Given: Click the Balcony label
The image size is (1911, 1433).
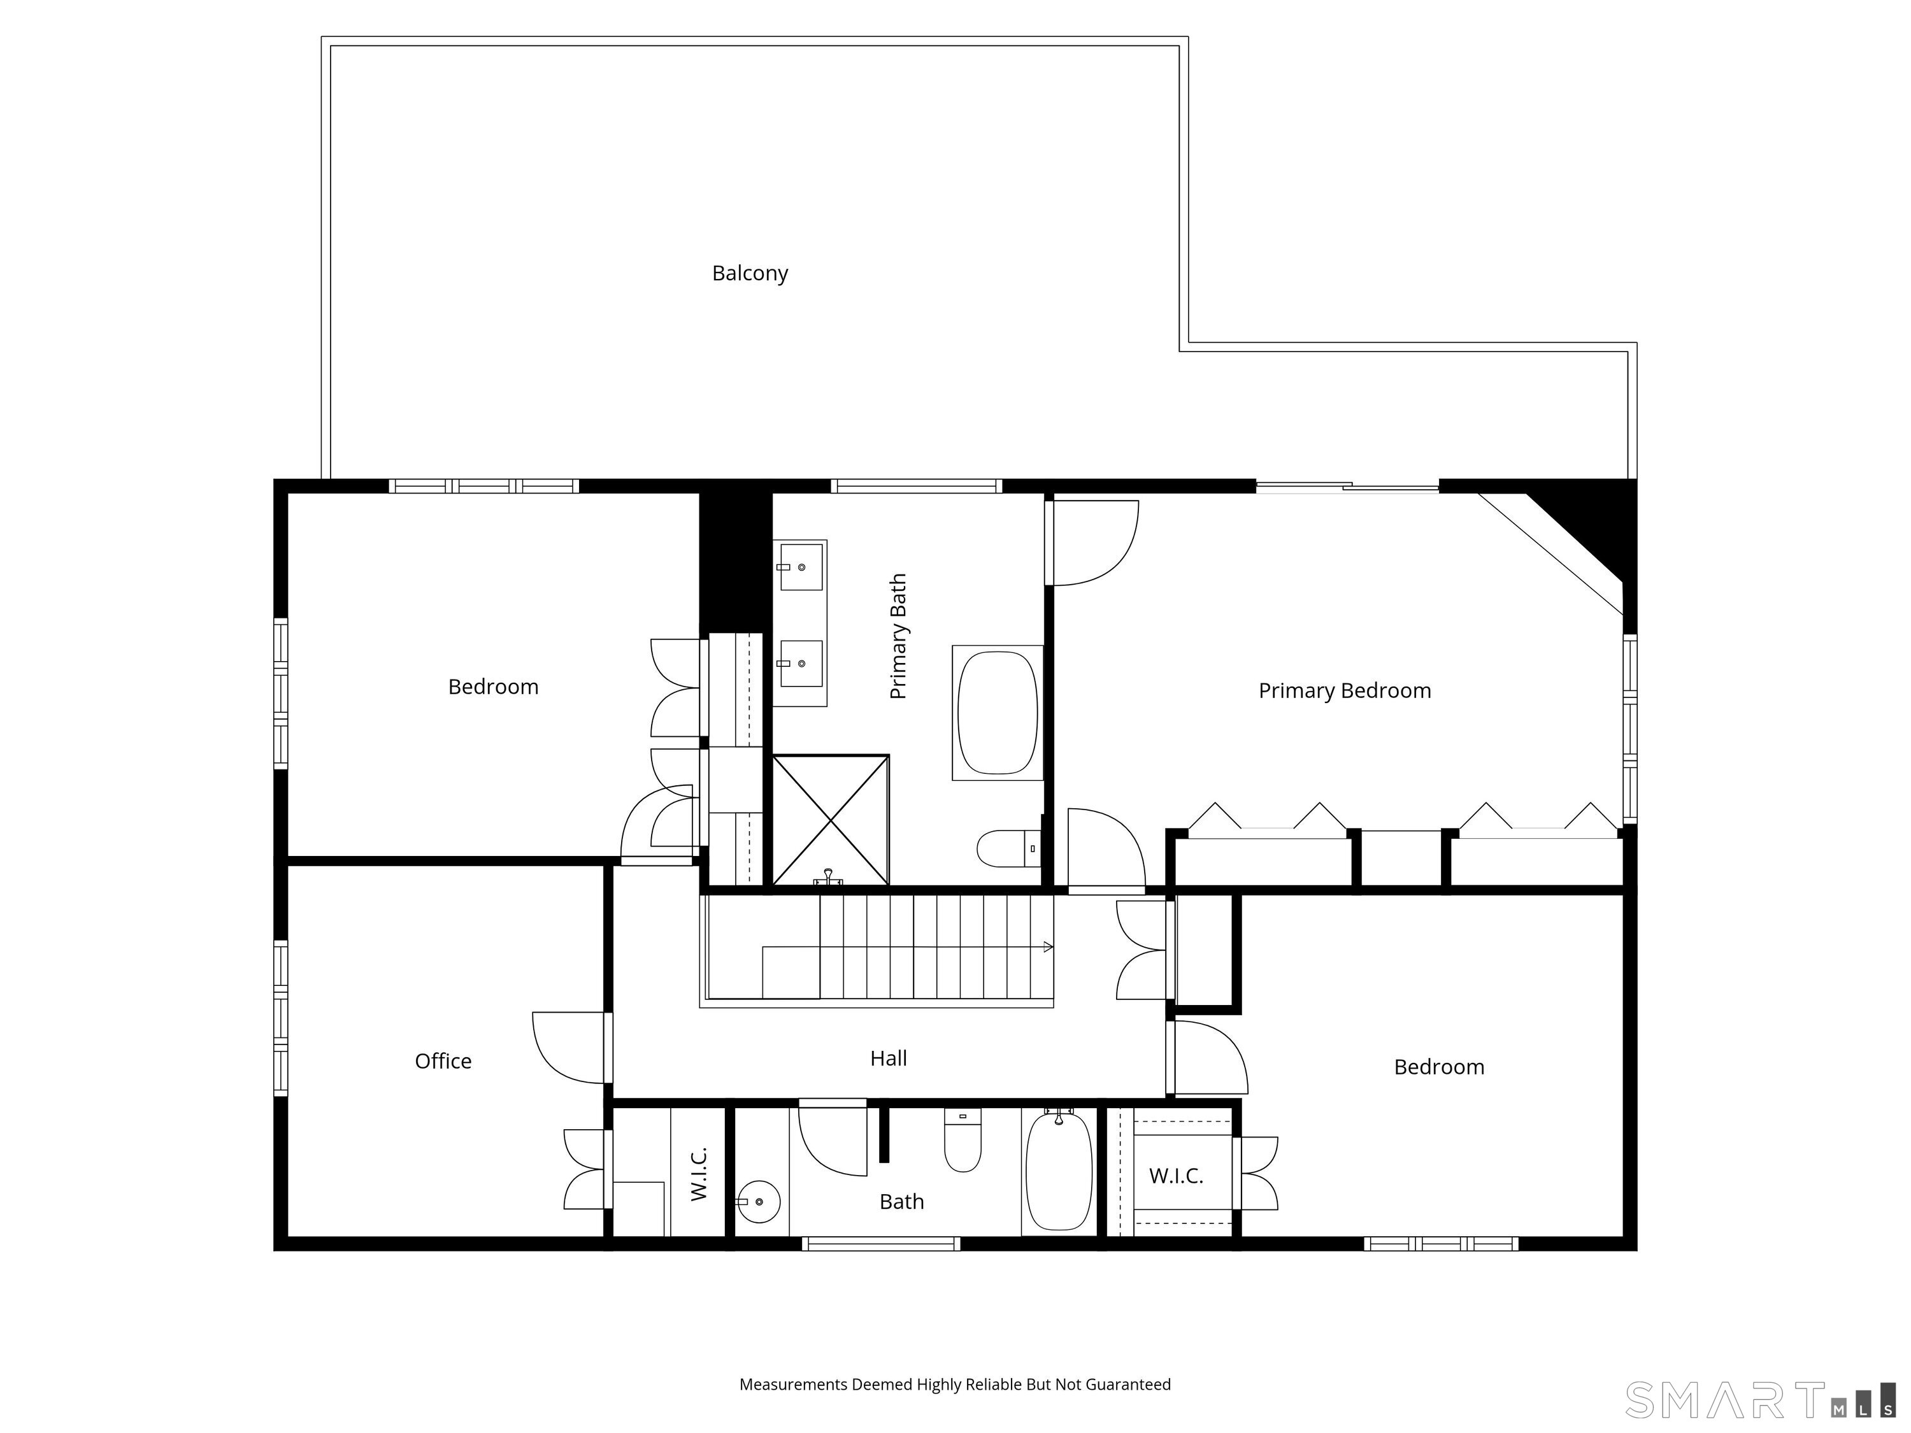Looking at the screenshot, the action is pyautogui.click(x=750, y=273).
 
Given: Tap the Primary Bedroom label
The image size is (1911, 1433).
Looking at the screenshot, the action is pyautogui.click(x=1344, y=691).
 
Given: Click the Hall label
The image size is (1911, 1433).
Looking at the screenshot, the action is pyautogui.click(x=888, y=1058).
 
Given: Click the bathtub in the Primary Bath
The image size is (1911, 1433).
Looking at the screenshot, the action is pyautogui.click(x=998, y=713).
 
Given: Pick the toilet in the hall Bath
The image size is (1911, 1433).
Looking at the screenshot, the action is pyautogui.click(x=963, y=1139).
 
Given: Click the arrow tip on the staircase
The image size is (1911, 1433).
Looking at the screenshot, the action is pyautogui.click(x=1052, y=948).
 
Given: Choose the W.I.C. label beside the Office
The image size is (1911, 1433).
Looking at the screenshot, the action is pyautogui.click(x=699, y=1174).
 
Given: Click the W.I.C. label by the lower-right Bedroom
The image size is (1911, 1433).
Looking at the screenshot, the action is pyautogui.click(x=1176, y=1176).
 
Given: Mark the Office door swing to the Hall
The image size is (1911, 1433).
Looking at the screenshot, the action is pyautogui.click(x=568, y=1048).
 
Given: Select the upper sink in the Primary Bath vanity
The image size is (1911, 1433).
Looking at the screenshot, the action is pyautogui.click(x=801, y=567).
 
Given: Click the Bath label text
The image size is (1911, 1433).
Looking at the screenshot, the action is pyautogui.click(x=902, y=1202).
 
